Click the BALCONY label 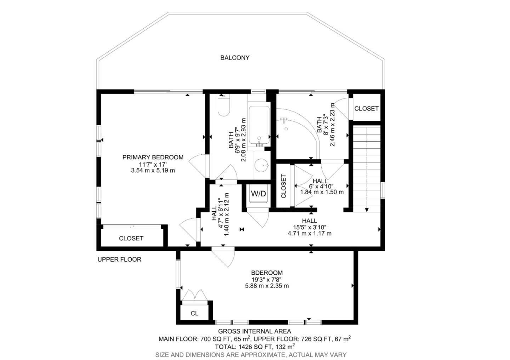tap(235, 58)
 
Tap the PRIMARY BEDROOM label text tap(153, 157)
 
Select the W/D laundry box tap(258, 194)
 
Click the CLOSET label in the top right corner tap(366, 109)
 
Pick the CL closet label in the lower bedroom tap(194, 314)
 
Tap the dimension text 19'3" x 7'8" tap(267, 279)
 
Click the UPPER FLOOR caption tap(119, 259)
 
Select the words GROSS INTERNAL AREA tap(254, 331)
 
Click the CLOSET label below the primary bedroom tap(131, 239)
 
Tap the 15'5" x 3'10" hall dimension tap(310, 227)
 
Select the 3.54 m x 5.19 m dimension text tap(153, 170)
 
